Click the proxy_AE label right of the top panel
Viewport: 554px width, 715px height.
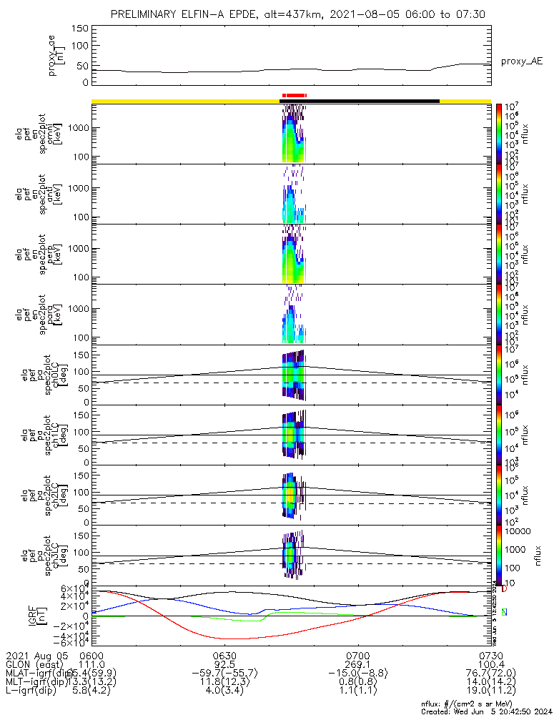pos(521,61)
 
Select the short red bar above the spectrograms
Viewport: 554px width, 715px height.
pos(294,94)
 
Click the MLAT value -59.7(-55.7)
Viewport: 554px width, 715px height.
pos(224,674)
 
